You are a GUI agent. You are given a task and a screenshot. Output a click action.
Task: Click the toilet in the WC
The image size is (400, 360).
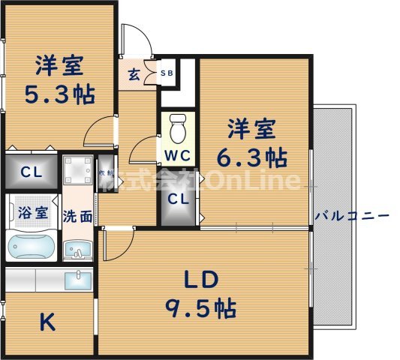[178, 129]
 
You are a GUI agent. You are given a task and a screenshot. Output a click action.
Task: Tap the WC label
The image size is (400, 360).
[177, 156]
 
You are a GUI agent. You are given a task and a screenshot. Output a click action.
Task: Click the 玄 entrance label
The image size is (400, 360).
[134, 74]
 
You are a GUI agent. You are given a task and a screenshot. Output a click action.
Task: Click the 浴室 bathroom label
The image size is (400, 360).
[32, 211]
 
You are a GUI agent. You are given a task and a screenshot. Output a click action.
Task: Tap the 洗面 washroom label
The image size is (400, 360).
[77, 217]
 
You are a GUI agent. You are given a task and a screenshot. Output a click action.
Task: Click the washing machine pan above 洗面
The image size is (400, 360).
[77, 171]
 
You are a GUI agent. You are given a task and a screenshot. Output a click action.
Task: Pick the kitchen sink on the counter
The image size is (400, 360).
[77, 280]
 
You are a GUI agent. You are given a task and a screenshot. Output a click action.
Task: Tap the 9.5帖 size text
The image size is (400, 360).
[200, 308]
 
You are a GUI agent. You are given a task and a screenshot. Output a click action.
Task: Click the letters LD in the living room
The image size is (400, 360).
[200, 280]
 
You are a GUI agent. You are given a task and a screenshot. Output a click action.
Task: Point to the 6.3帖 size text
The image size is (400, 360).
[255, 158]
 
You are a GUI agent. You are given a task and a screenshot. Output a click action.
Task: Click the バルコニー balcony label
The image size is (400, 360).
[352, 216]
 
